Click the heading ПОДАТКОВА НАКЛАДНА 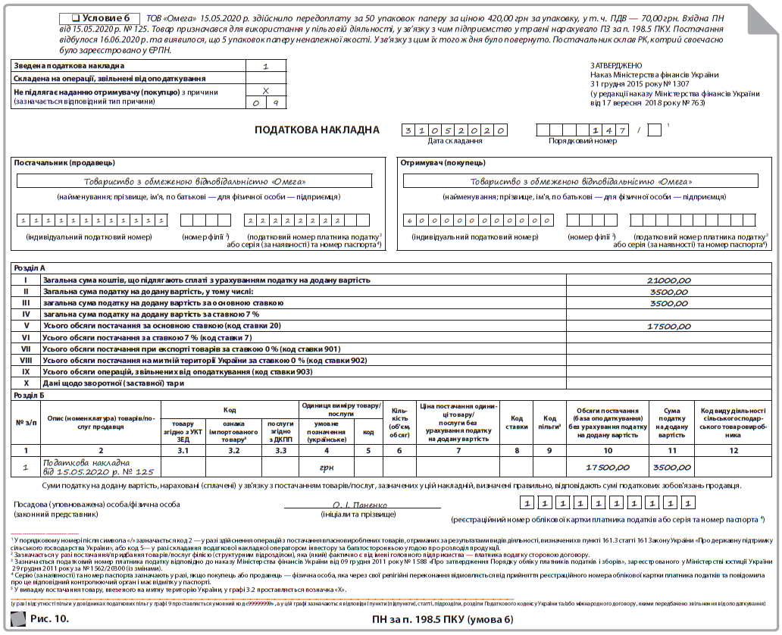coord(317,130)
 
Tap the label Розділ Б coord(30,395)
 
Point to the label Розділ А coord(30,268)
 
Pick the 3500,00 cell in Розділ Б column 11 coord(671,468)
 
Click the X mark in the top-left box coord(265,91)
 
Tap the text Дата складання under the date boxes coord(455,141)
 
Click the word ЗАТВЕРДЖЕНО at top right coord(615,66)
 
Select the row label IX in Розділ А coord(26,372)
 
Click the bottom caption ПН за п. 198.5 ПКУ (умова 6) coord(443,620)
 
